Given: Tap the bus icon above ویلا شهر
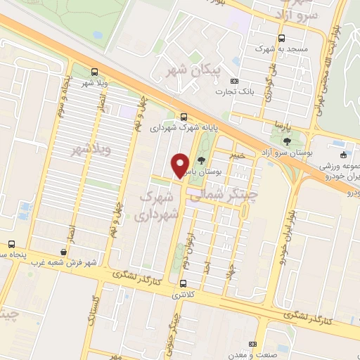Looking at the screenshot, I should click(x=95, y=72).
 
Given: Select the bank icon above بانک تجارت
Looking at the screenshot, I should click(x=235, y=81).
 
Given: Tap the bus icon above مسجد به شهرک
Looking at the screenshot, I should click(x=281, y=39).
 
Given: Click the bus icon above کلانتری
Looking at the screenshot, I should click(x=184, y=284).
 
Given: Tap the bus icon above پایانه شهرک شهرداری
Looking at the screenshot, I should click(x=184, y=117).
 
